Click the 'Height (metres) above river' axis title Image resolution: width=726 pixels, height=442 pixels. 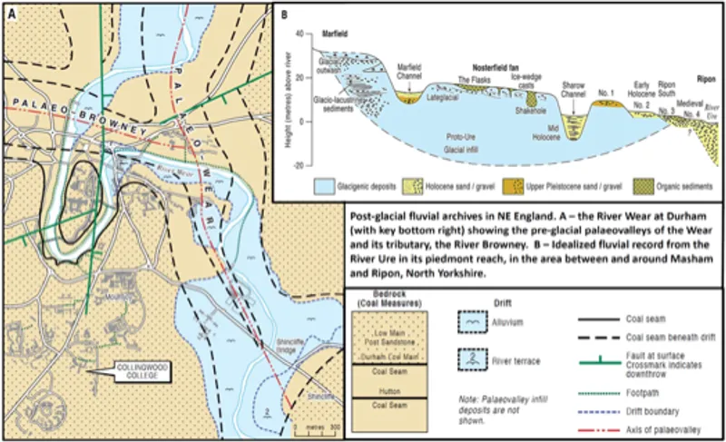[288, 100]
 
